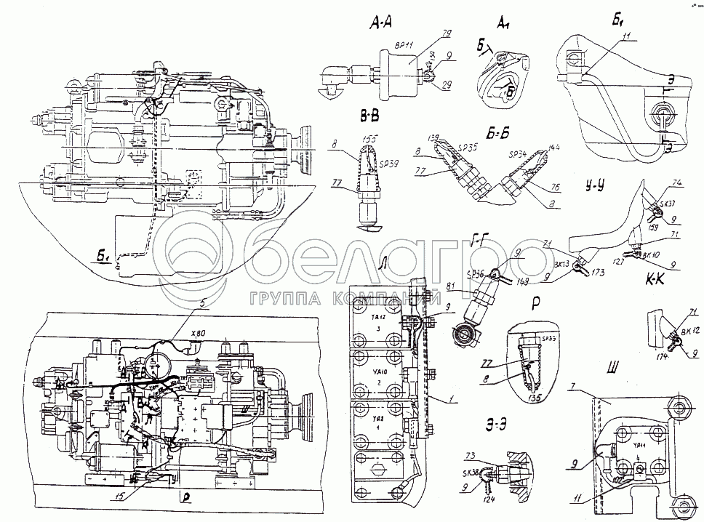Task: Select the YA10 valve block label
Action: click(x=377, y=372)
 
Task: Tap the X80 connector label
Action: click(x=198, y=334)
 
